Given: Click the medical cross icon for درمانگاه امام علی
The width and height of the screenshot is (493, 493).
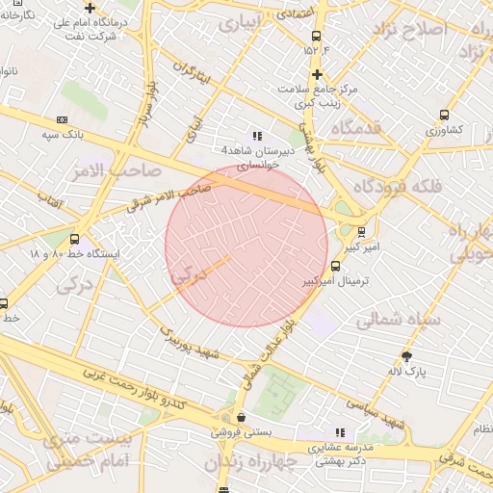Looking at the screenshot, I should point(90,8).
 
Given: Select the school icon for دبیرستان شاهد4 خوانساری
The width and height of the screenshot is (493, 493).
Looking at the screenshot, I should point(257,136).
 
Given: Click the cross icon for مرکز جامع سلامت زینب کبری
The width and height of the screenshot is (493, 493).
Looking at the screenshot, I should point(316,74).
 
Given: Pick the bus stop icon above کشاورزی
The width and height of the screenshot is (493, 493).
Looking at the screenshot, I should point(444,115).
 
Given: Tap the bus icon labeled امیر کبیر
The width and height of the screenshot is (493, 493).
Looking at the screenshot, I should point(361,231).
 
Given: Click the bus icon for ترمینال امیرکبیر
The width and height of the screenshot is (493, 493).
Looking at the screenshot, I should point(334,267).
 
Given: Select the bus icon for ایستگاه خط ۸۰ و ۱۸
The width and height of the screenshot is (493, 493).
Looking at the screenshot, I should point(75,239).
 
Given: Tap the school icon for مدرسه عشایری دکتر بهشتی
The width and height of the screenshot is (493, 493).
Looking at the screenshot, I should point(339,432).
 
